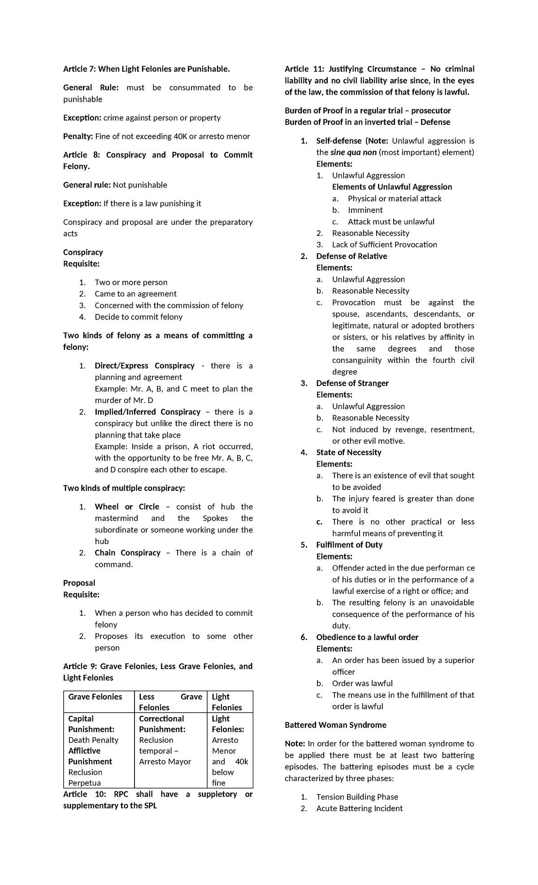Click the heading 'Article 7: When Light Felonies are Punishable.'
pos(146,69)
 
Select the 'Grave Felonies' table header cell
pos(95,696)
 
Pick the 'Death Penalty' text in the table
pos(93,740)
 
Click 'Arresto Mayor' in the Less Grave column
pos(165,761)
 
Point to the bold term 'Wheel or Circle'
pos(127,507)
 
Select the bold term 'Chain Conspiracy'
pos(127,553)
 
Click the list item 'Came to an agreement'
pos(135,294)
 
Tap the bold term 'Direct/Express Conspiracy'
pos(144,365)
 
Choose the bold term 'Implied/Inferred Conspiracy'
pos(148,412)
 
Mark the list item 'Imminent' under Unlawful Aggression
pos(365,210)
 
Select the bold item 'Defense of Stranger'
pos(352,383)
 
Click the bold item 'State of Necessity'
pos(348,452)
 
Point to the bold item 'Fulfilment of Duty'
pos(349,545)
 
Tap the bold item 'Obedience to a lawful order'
pos(367,637)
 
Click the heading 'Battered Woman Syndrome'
pos(335,725)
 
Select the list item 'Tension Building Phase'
pos(357,797)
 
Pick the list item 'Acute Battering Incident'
pos(359,808)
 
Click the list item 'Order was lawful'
pos(362,683)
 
